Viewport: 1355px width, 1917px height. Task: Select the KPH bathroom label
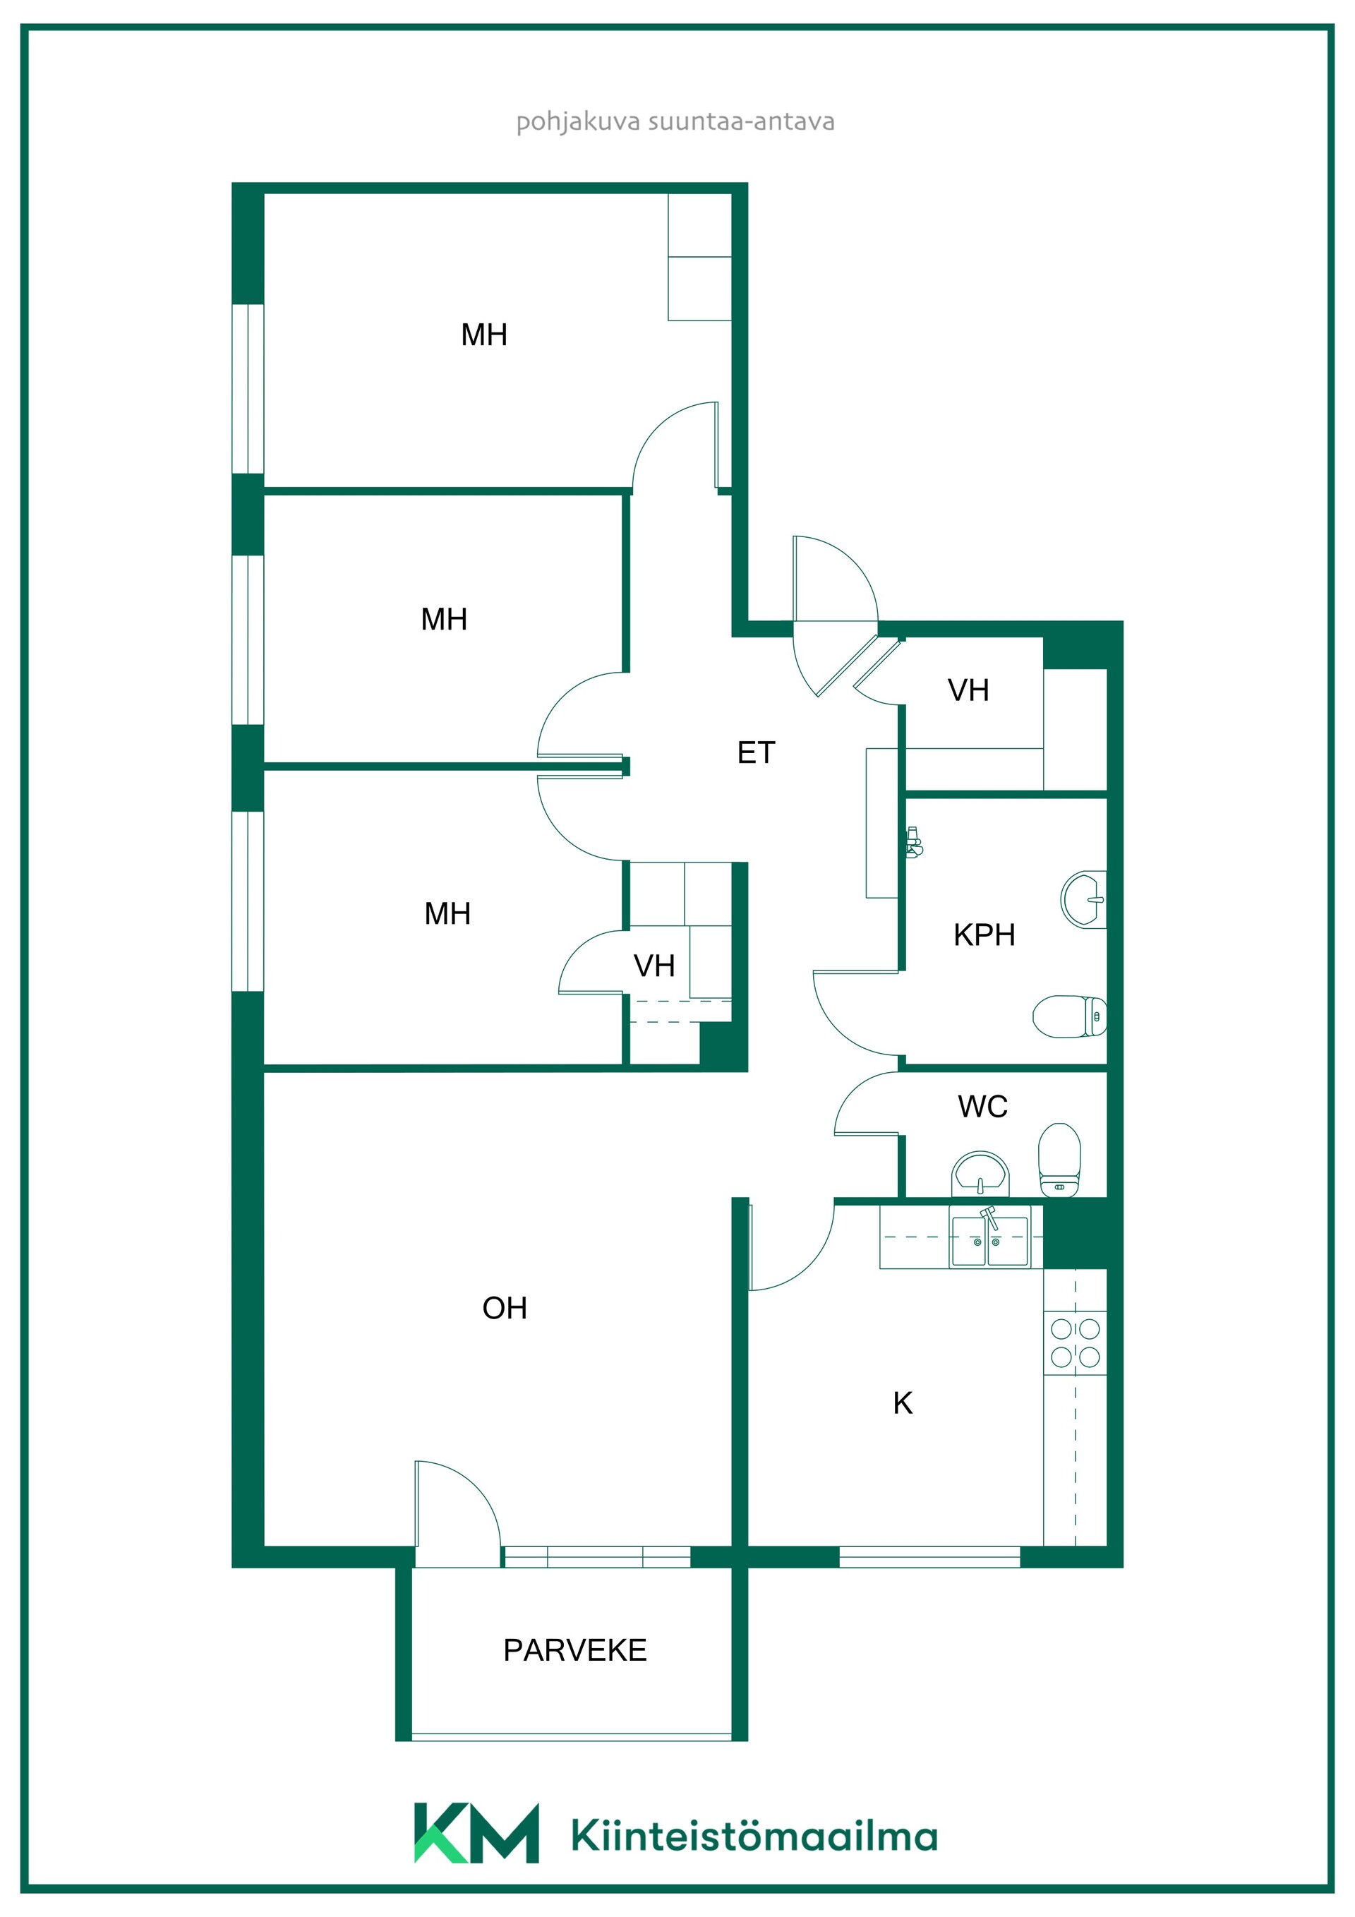pyautogui.click(x=984, y=935)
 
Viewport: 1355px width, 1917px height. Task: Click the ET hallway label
pyautogui.click(x=757, y=752)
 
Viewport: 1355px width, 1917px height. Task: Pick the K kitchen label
pyautogui.click(x=903, y=1402)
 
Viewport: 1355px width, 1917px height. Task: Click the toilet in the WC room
pyautogui.click(x=1059, y=1160)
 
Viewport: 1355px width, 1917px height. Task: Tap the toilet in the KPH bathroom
pyautogui.click(x=1069, y=1016)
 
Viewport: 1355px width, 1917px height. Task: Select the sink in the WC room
pyautogui.click(x=980, y=1174)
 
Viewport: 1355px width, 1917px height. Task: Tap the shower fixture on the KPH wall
pyautogui.click(x=914, y=843)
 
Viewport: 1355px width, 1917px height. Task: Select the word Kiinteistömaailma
pyautogui.click(x=754, y=1837)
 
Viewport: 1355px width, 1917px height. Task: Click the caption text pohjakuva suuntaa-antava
pyautogui.click(x=675, y=122)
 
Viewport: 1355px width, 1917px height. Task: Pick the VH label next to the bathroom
pyautogui.click(x=968, y=690)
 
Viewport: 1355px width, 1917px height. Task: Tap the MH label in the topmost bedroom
pyautogui.click(x=484, y=334)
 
